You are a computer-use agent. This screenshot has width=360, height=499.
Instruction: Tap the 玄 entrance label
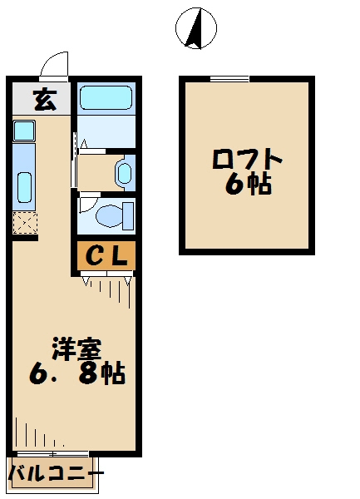41,99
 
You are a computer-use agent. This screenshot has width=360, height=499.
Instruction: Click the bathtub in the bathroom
106,99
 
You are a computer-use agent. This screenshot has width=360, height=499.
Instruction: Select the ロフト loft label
247,159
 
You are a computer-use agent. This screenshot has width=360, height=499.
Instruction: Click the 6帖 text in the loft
247,185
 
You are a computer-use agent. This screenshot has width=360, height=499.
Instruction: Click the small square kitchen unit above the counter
23,131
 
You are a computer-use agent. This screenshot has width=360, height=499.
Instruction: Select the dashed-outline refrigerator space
24,223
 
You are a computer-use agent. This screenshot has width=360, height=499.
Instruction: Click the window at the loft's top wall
229,80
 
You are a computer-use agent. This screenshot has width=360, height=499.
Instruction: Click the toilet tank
127,215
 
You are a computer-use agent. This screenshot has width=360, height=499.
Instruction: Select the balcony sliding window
52,453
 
